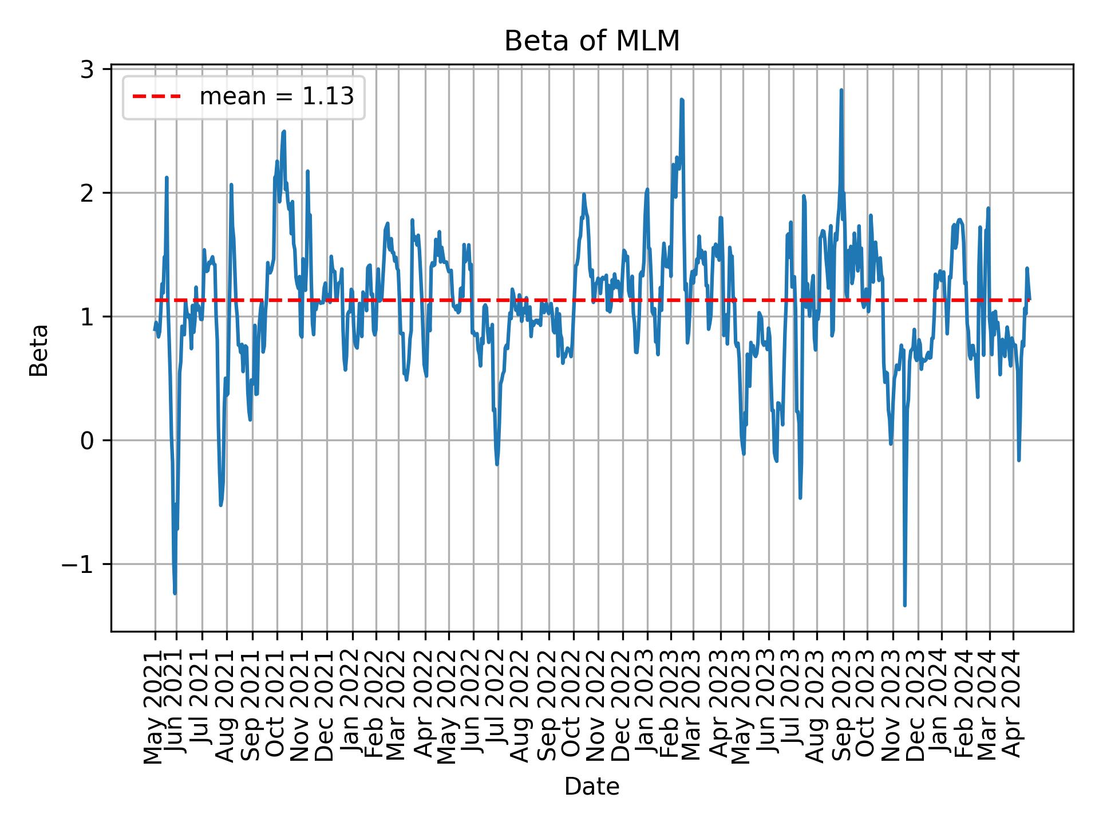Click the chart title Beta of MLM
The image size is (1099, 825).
pos(591,42)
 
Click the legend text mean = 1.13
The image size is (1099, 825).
pos(276,97)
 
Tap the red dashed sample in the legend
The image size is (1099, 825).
pos(157,97)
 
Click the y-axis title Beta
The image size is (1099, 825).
pos(39,350)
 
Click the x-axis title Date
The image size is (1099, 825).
pos(591,787)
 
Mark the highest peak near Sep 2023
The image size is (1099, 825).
pos(841,90)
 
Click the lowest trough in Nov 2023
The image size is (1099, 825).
pos(904,605)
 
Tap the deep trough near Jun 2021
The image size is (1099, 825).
pos(175,594)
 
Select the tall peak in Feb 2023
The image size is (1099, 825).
pos(682,100)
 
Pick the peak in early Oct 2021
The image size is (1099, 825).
pos(283,132)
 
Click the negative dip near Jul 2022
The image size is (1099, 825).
pos(497,464)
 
